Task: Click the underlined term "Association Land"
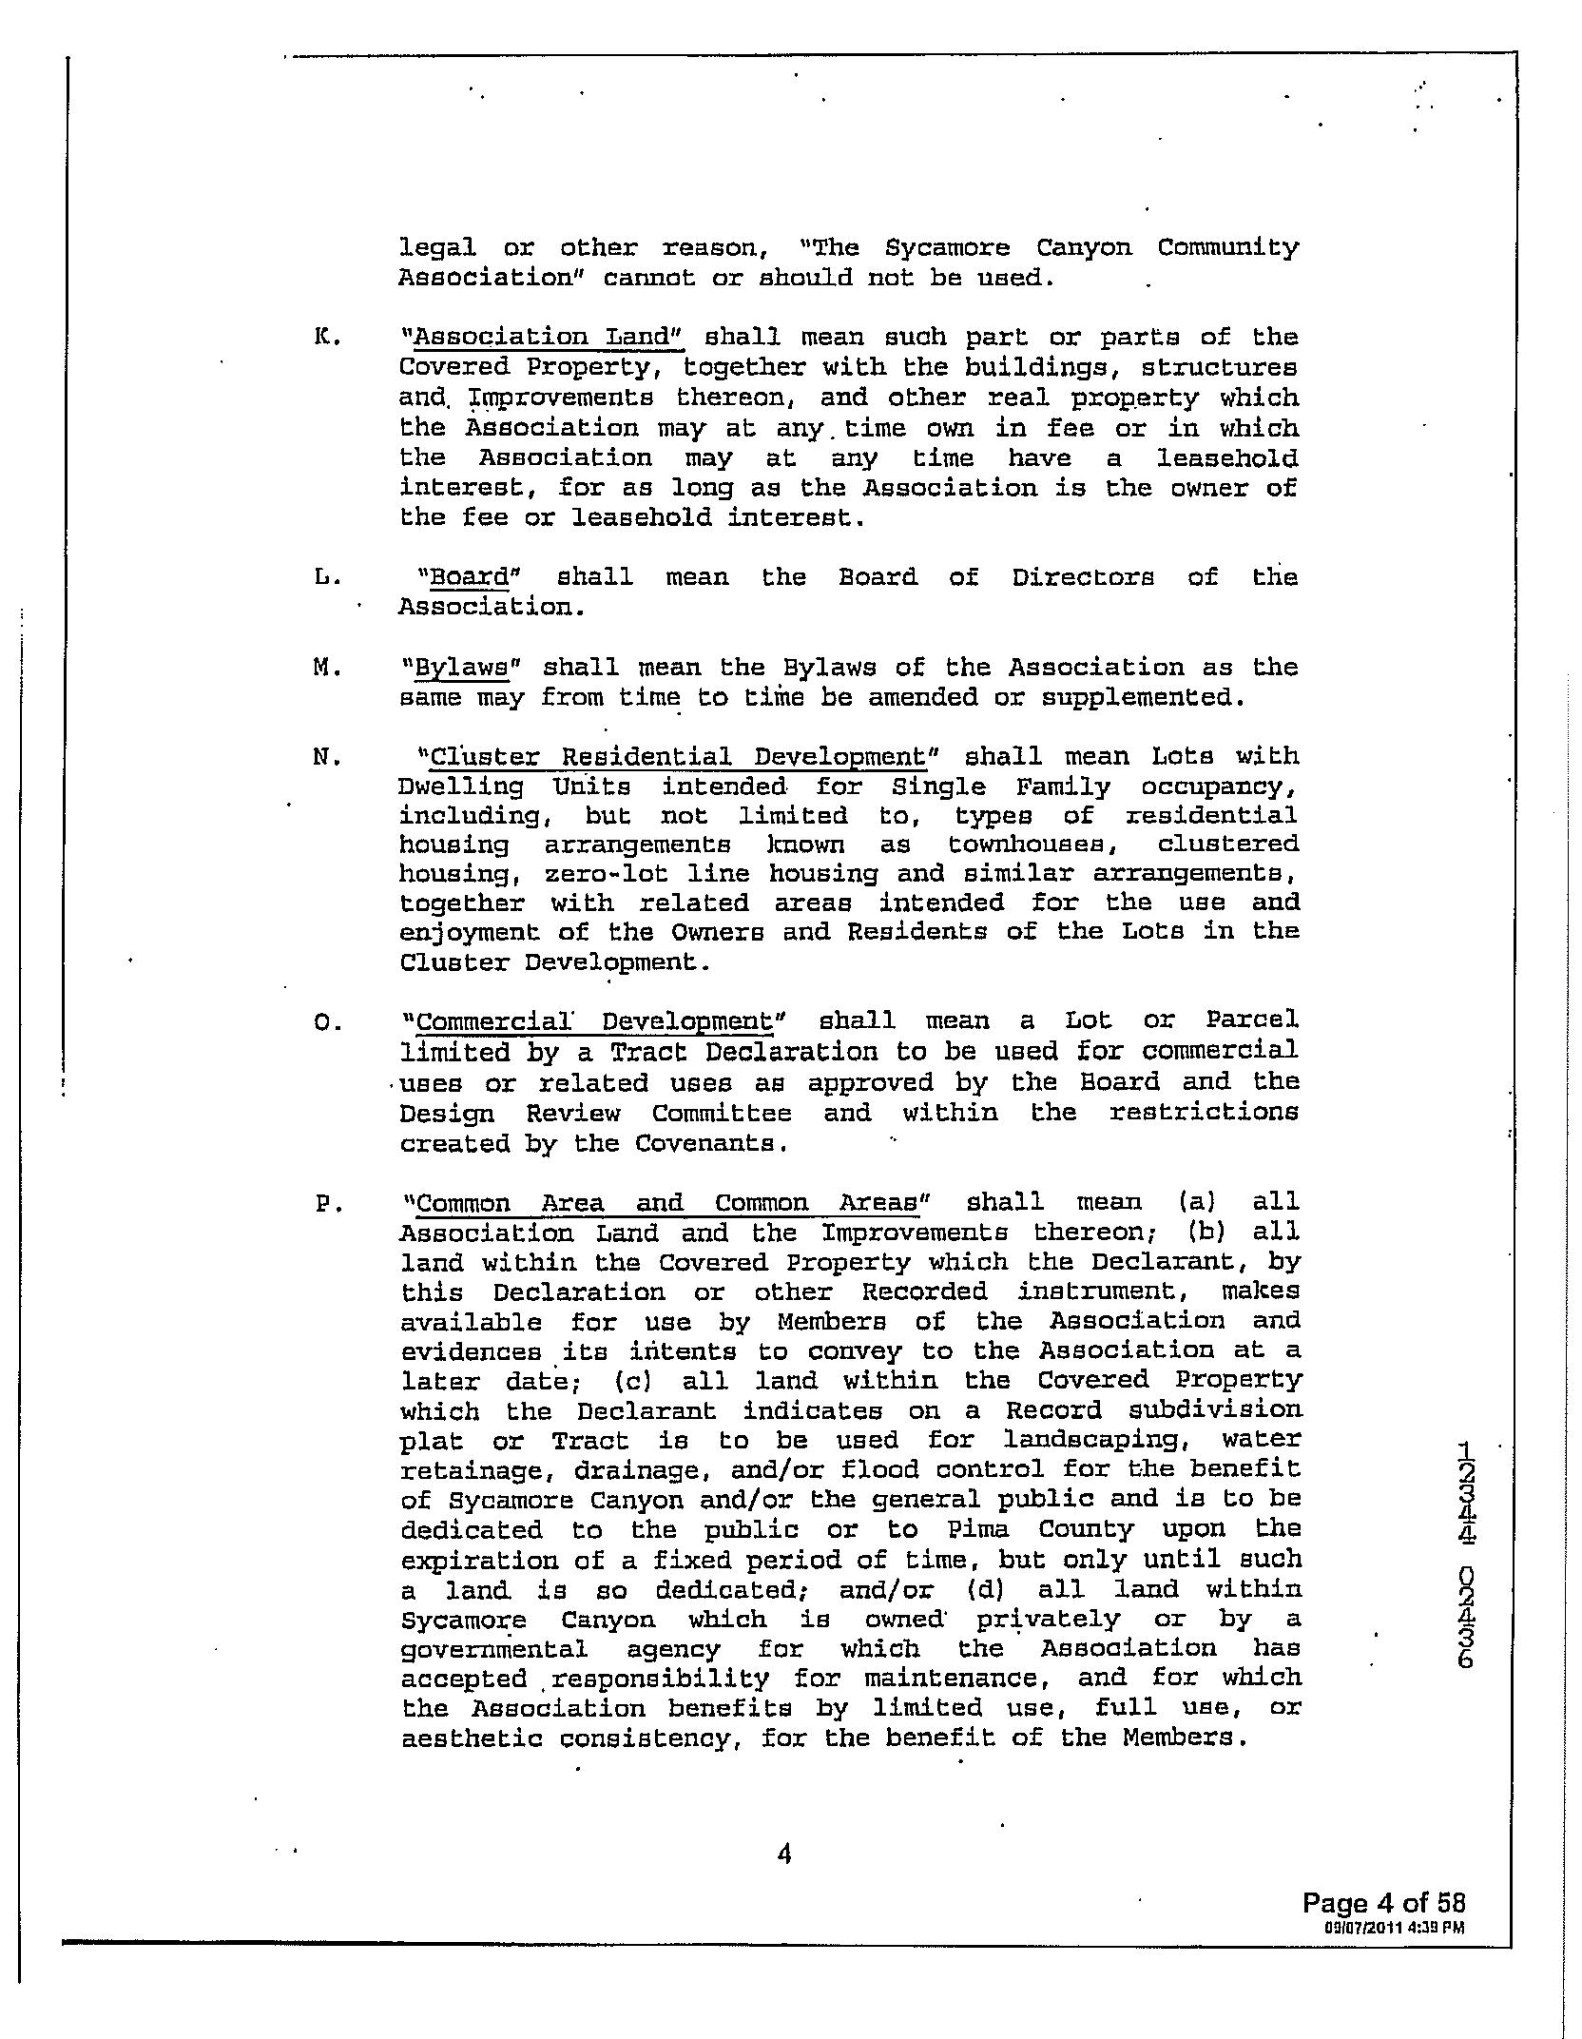tap(543, 338)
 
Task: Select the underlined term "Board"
tap(470, 577)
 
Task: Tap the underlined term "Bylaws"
tap(462, 668)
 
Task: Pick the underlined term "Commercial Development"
tap(594, 1022)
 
